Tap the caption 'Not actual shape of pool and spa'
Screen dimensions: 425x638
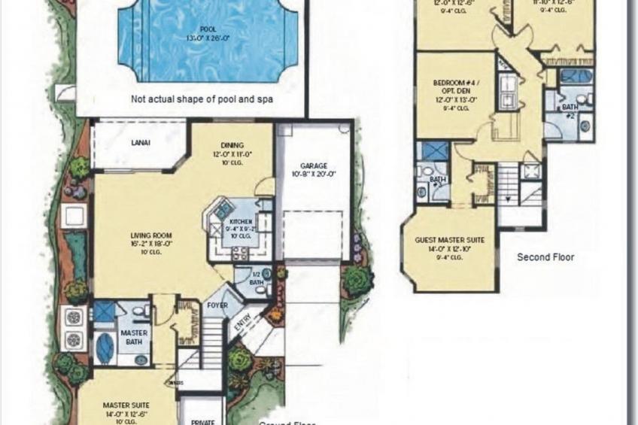202,99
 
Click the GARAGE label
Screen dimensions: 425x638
312,165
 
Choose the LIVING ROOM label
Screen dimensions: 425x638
150,235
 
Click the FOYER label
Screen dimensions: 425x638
217,305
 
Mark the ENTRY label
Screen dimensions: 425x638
247,320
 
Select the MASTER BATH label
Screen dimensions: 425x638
134,336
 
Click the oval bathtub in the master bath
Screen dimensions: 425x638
105,348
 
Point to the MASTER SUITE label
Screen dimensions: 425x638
126,405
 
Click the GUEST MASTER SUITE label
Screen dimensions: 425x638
449,241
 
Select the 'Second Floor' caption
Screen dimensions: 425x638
545,257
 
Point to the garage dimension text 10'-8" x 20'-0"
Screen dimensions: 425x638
312,175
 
